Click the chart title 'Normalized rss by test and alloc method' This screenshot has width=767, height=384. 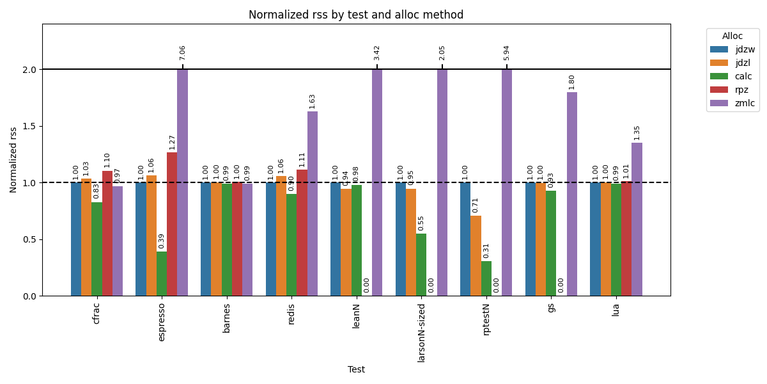(356, 15)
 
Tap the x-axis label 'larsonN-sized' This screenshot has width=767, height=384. (421, 332)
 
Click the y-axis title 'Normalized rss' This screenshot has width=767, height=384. (13, 160)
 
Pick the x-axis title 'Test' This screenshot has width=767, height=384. (356, 369)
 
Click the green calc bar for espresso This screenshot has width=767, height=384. (162, 273)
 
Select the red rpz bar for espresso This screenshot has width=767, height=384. (172, 224)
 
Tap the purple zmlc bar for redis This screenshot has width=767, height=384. (313, 204)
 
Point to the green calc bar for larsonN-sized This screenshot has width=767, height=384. (421, 264)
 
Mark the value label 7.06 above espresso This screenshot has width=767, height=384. (183, 52)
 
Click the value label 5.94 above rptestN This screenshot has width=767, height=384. (507, 52)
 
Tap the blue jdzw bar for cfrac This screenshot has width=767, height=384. (76, 239)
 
